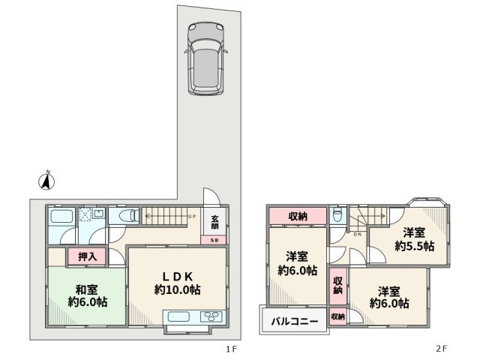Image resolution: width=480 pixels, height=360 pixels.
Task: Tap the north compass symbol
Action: [47, 181]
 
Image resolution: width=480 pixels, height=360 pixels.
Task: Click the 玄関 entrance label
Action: [214, 223]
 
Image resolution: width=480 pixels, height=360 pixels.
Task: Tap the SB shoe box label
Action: [214, 240]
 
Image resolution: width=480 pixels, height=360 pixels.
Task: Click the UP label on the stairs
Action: [193, 217]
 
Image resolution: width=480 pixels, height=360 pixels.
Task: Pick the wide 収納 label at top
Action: [298, 216]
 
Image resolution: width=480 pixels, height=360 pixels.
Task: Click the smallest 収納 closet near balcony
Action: [337, 317]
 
